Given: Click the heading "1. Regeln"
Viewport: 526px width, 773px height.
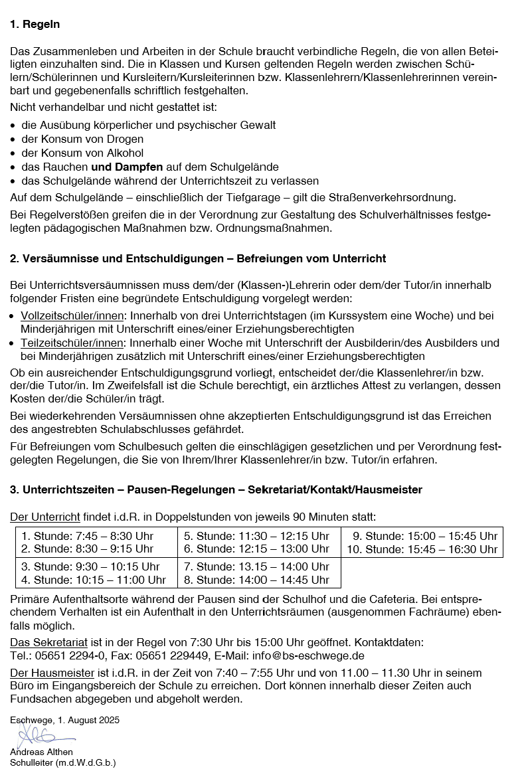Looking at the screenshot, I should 35,25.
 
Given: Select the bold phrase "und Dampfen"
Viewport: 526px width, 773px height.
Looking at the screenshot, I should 127,167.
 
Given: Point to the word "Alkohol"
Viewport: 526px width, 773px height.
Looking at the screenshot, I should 121,153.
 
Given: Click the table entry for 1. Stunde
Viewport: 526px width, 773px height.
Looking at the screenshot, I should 87,536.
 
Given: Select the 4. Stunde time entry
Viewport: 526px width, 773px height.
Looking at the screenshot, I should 93,580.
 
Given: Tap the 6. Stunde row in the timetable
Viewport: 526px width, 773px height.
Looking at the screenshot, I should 256,549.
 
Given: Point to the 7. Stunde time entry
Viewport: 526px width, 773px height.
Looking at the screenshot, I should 256,566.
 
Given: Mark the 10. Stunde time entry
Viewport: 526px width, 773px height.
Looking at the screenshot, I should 422,549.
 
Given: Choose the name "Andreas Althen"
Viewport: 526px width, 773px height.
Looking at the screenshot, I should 41,752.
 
